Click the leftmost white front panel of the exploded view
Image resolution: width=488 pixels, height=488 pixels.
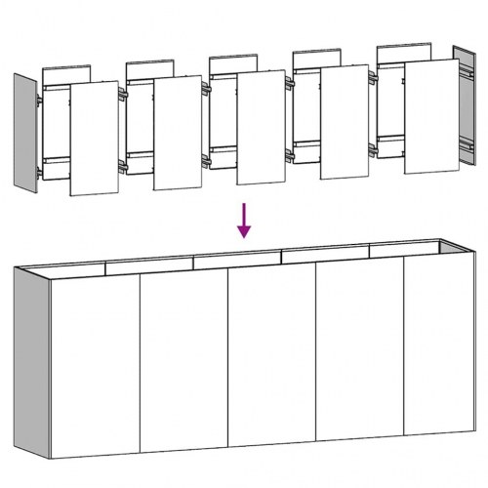95,138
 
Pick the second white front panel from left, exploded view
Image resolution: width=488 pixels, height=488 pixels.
178,132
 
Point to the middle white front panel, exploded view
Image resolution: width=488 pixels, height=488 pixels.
261,127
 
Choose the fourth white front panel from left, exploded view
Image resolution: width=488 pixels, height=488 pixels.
345,121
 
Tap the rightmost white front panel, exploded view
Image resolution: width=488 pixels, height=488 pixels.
430,116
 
